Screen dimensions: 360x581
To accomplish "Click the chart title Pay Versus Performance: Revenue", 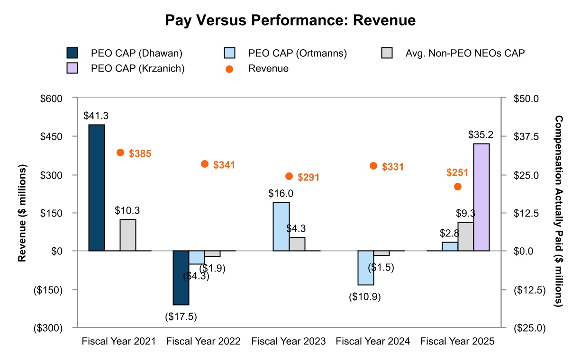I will (290, 20).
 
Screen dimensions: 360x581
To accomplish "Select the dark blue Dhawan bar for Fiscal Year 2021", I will (97, 188).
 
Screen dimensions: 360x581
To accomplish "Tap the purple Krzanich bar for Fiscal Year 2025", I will (481, 197).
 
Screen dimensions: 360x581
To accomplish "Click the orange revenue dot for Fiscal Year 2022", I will (205, 164).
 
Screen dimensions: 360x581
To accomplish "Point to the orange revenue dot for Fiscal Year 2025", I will (458, 187).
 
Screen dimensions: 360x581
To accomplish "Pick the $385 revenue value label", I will (140, 153).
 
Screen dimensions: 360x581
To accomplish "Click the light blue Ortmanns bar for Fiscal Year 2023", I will (281, 226).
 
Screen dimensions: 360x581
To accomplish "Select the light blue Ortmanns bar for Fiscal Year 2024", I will (366, 268).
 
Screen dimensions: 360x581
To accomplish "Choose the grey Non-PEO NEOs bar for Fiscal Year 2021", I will (128, 235).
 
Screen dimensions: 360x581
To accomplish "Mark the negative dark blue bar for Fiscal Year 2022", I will (181, 278).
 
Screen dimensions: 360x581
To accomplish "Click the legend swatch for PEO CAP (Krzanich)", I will (73, 68).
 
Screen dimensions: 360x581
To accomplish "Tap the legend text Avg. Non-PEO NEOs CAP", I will (465, 53).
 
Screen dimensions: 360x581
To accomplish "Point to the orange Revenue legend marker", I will (229, 69).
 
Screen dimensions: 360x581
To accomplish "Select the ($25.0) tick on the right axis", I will (527, 328).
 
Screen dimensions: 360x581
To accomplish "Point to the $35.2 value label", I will (481, 135).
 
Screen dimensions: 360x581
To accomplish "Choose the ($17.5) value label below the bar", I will (181, 316).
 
